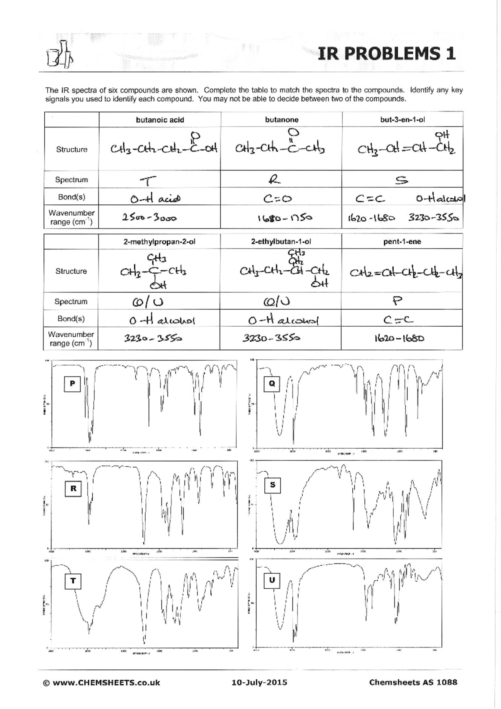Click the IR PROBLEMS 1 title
pyautogui.click(x=386, y=54)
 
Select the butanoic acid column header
pyautogui.click(x=160, y=120)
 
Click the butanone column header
pyautogui.click(x=281, y=119)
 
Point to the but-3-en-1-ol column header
pyautogui.click(x=402, y=119)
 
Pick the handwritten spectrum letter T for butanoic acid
pyautogui.click(x=148, y=181)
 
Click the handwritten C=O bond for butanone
pyautogui.click(x=278, y=199)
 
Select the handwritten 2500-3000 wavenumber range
pyautogui.click(x=149, y=218)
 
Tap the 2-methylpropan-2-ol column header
pyautogui.click(x=159, y=241)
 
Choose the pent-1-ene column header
pyautogui.click(x=402, y=241)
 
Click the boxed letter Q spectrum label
pyautogui.click(x=272, y=383)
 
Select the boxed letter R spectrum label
pyautogui.click(x=73, y=488)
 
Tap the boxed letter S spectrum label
pyautogui.click(x=273, y=485)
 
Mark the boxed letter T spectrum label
pyautogui.click(x=73, y=581)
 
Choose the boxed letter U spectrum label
pyautogui.click(x=272, y=580)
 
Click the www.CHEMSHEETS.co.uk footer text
pyautogui.click(x=101, y=683)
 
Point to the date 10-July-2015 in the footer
pyautogui.click(x=259, y=683)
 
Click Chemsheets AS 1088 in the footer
pyautogui.click(x=413, y=683)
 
